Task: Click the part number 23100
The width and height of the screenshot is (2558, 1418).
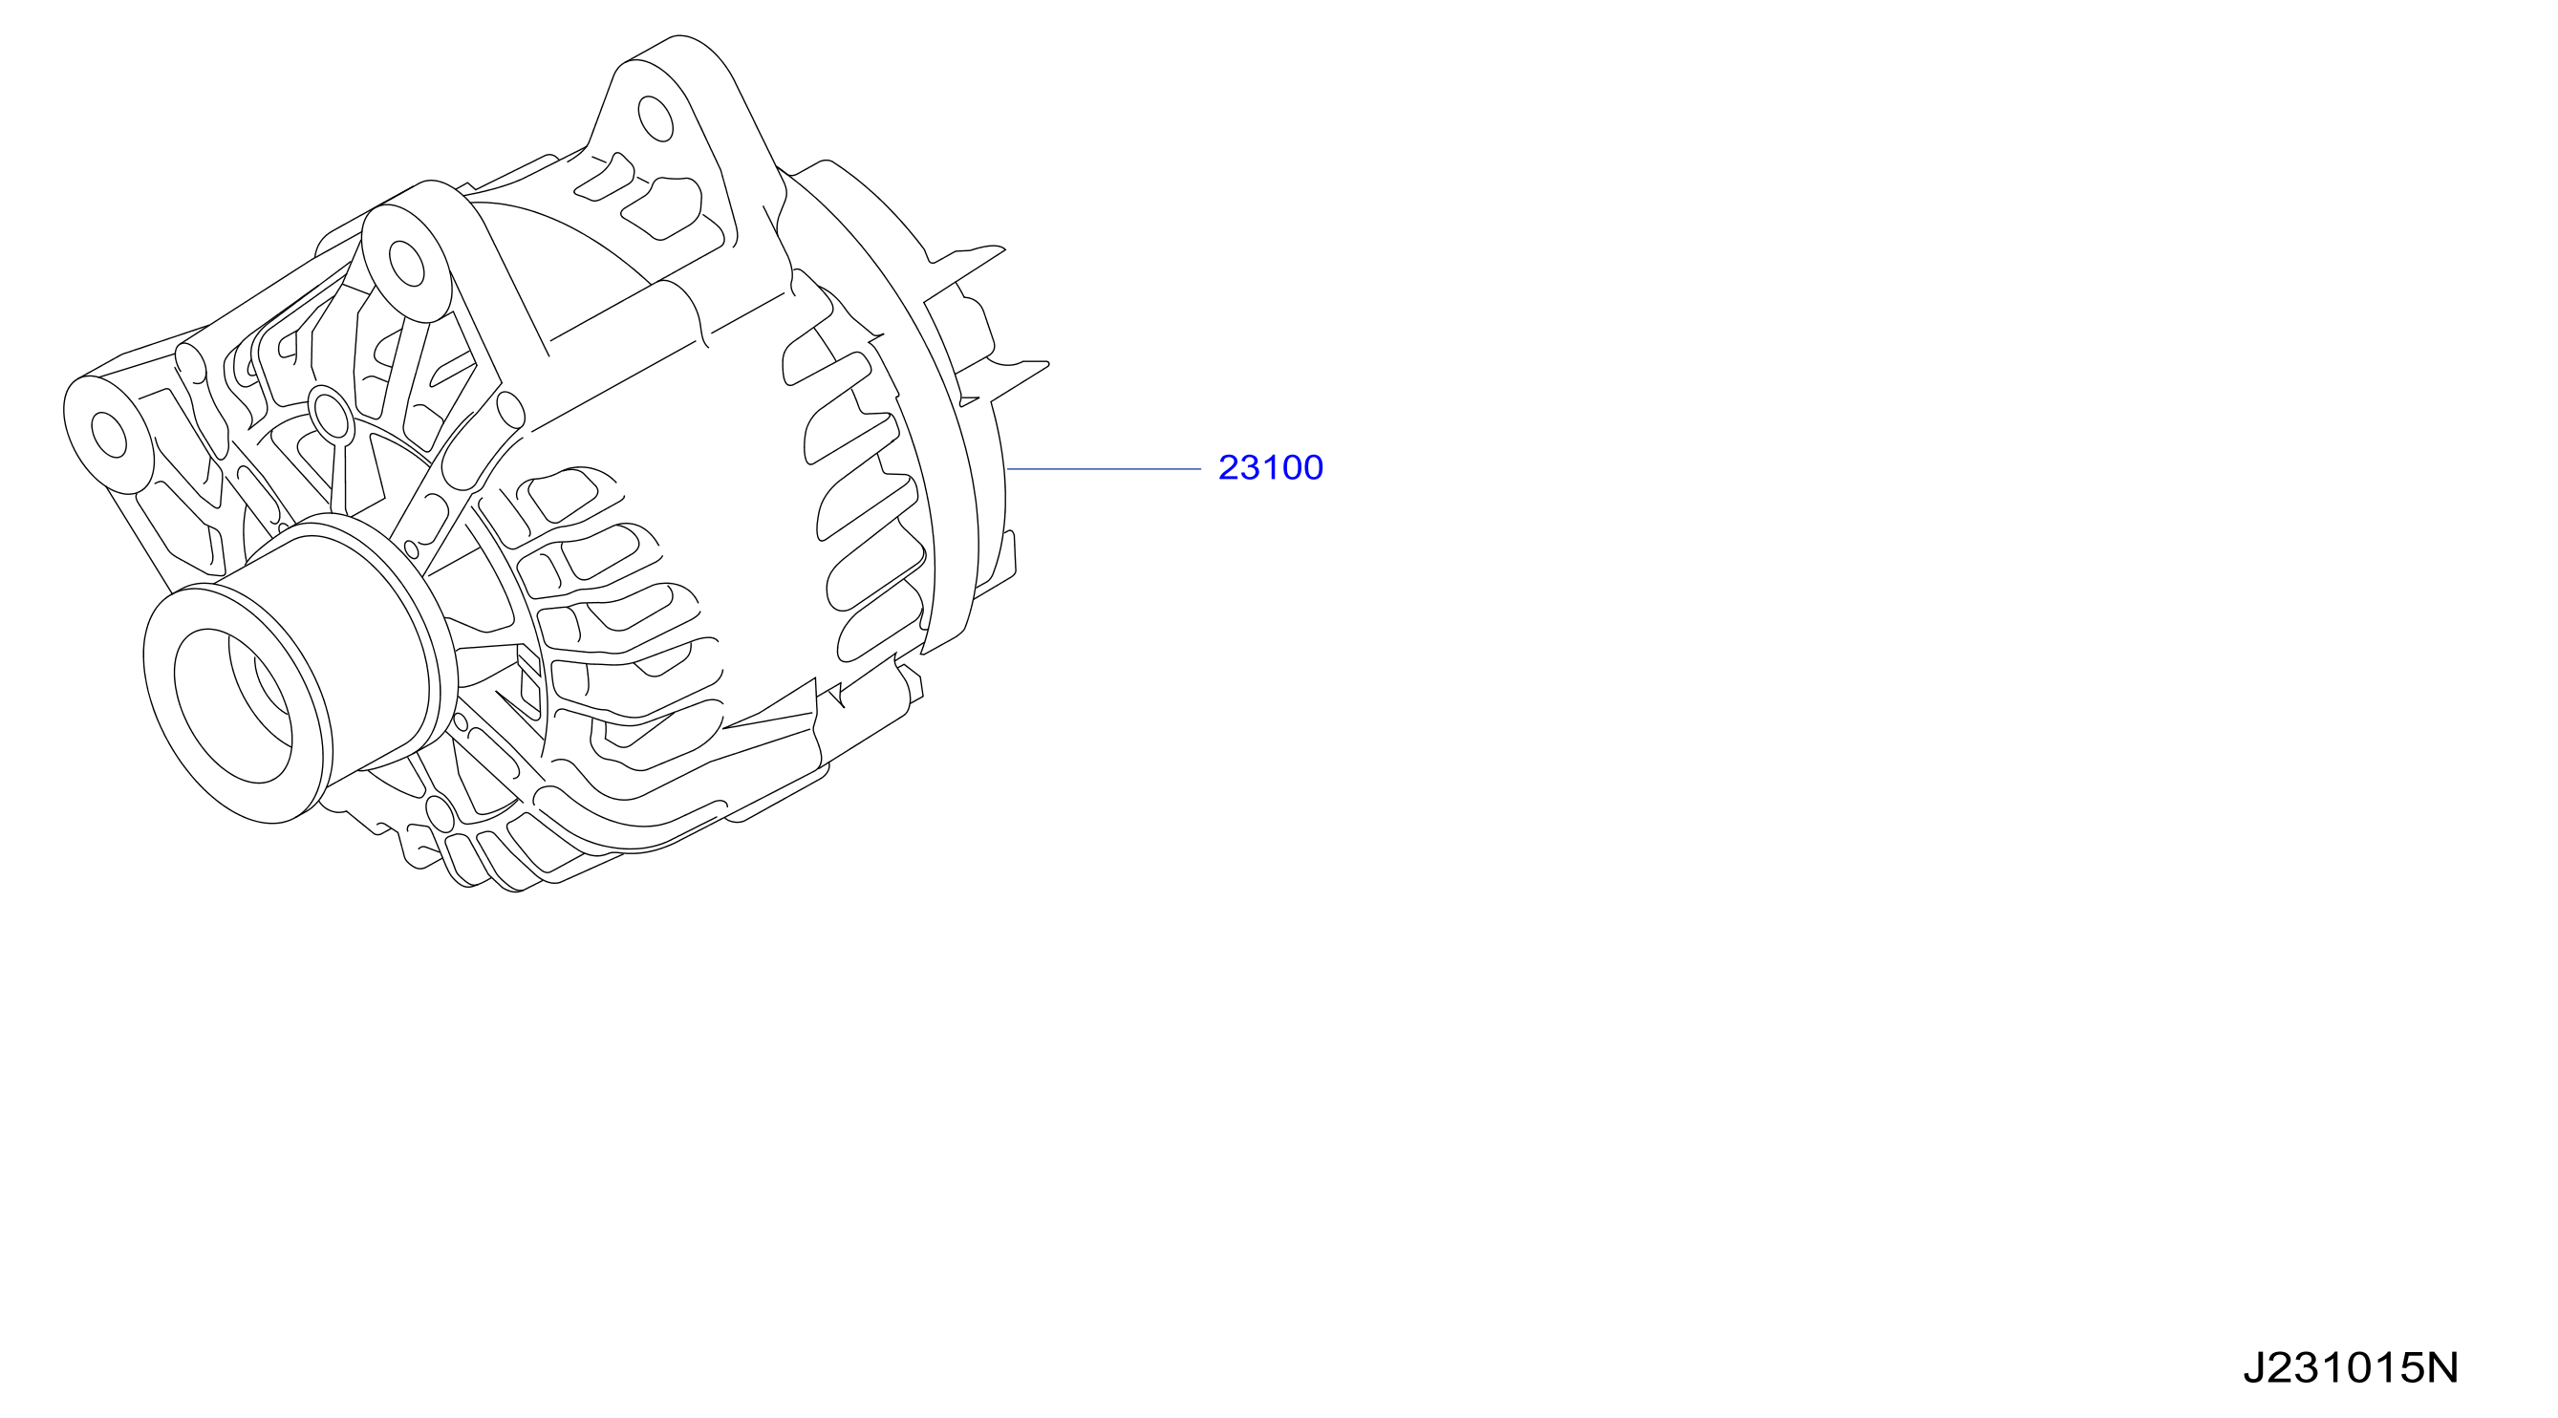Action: click(x=1270, y=466)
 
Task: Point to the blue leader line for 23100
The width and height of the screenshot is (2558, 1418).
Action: click(x=1105, y=467)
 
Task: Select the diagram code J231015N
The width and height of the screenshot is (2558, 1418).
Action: click(x=2351, y=1367)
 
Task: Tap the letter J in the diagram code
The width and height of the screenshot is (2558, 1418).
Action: click(x=2254, y=1367)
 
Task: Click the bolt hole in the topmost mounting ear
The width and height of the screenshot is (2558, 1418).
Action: click(x=656, y=118)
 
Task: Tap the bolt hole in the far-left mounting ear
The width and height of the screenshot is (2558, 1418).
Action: click(x=108, y=435)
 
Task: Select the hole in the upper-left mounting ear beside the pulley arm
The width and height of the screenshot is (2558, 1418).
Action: click(x=406, y=263)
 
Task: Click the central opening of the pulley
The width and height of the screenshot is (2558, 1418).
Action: click(x=233, y=705)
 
